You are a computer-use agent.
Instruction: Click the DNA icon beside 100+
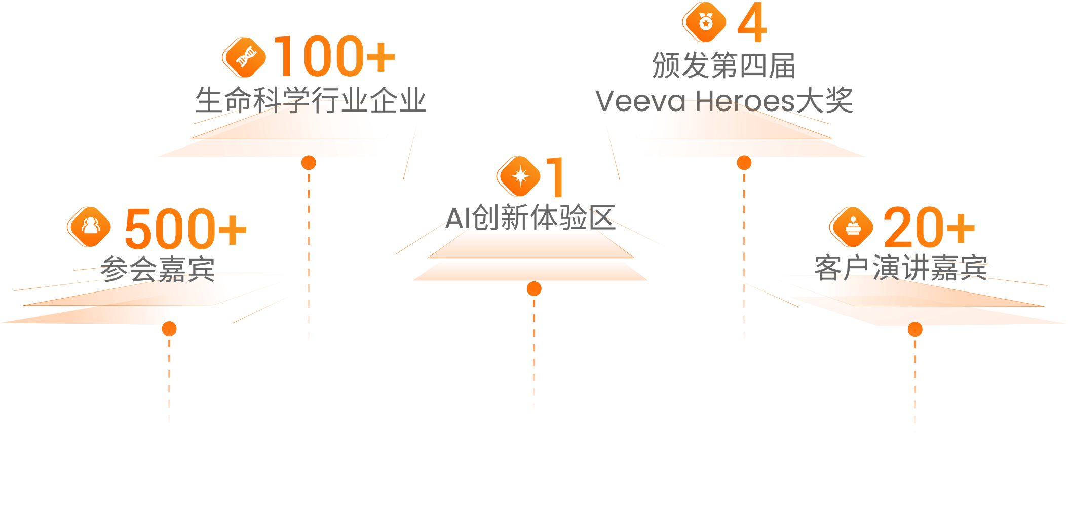click(245, 57)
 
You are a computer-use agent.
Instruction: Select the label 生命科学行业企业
click(310, 100)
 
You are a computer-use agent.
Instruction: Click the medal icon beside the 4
click(705, 22)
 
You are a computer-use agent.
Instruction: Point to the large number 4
click(752, 23)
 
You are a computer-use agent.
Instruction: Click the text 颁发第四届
click(723, 65)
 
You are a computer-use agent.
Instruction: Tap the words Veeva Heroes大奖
click(724, 100)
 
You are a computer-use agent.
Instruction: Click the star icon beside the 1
click(519, 176)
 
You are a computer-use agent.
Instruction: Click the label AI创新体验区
click(530, 218)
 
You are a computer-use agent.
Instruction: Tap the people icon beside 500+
click(90, 227)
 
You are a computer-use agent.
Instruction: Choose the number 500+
click(185, 229)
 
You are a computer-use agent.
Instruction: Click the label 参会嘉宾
click(158, 269)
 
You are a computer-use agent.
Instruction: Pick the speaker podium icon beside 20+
click(852, 227)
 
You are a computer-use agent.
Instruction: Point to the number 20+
click(929, 227)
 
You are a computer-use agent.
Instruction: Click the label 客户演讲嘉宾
click(901, 268)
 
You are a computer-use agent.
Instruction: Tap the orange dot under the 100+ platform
click(309, 163)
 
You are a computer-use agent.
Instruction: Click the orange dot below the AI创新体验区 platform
click(533, 288)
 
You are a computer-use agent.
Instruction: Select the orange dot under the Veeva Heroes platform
click(744, 163)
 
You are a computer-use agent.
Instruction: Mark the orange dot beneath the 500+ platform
click(169, 329)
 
